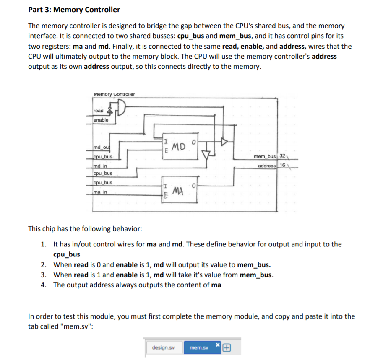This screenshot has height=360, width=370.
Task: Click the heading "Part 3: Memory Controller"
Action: click(x=74, y=10)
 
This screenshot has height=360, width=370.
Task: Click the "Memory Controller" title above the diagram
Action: click(x=114, y=94)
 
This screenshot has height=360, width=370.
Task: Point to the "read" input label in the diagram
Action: click(x=99, y=111)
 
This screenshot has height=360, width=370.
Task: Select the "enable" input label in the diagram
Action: click(x=101, y=120)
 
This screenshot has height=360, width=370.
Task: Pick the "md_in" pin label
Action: click(x=100, y=166)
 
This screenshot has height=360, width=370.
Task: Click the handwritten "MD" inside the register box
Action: click(x=179, y=147)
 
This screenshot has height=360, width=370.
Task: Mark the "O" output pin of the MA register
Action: click(x=193, y=185)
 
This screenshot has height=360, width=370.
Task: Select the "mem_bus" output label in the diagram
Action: click(x=265, y=156)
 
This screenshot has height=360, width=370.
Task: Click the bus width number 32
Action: click(x=282, y=156)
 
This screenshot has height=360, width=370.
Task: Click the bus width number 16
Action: click(x=282, y=166)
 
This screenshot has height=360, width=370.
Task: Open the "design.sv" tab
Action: click(x=161, y=347)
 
